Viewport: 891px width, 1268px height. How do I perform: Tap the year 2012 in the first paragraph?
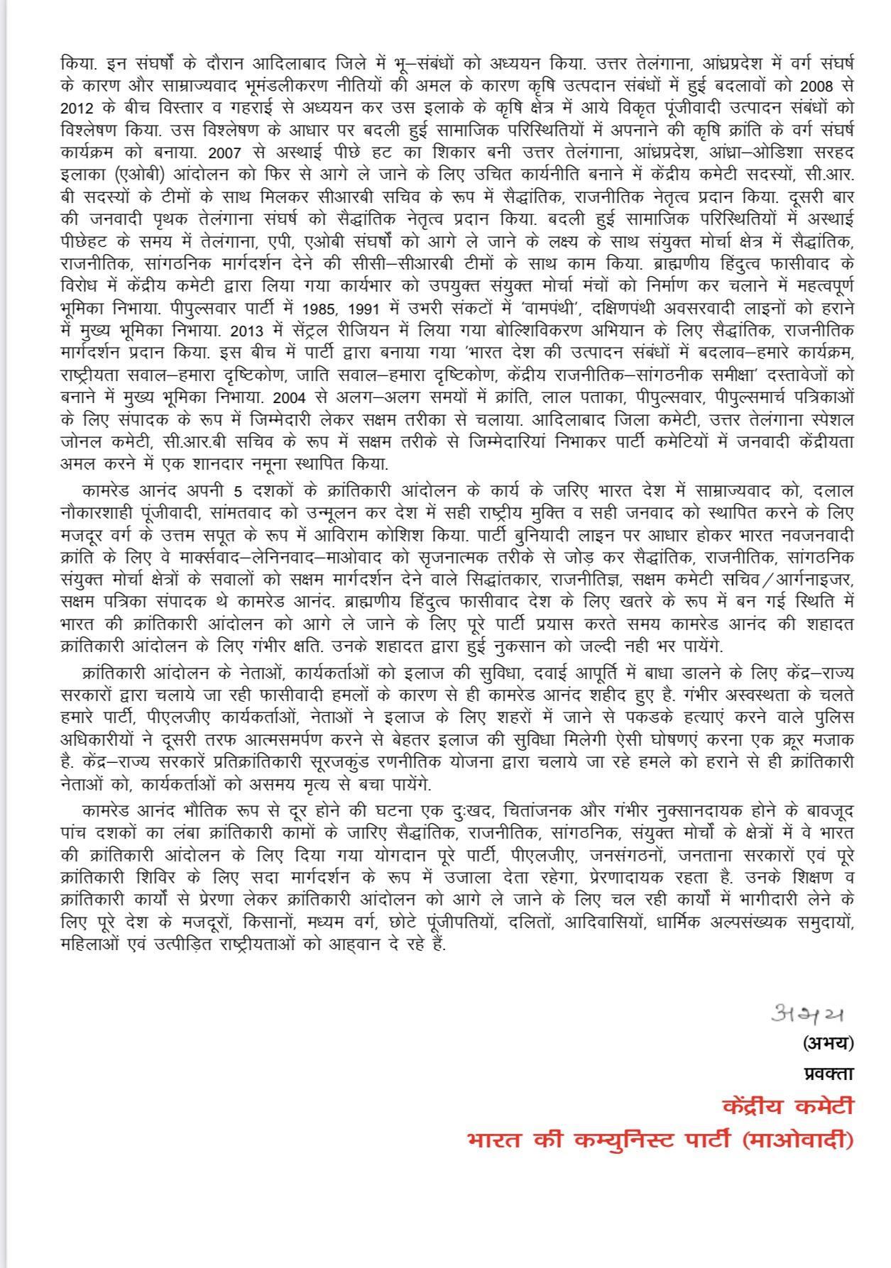(x=77, y=109)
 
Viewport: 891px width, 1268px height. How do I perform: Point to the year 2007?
(x=224, y=153)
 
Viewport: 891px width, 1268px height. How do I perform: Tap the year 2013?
(x=248, y=331)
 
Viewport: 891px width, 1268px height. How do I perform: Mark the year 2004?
(x=289, y=397)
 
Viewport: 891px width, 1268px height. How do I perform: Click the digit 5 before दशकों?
(x=238, y=491)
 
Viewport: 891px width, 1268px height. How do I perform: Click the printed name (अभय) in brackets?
(x=828, y=1043)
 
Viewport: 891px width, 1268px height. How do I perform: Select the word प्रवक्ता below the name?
(x=829, y=1074)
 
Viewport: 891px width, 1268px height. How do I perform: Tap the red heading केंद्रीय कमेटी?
(x=787, y=1106)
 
